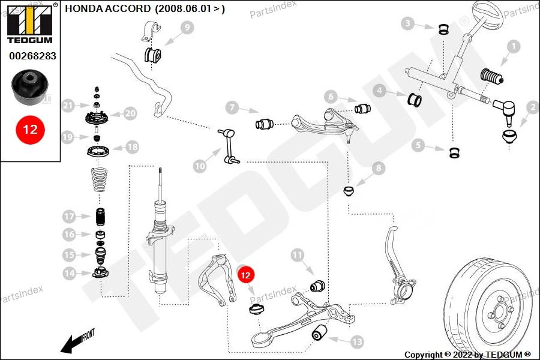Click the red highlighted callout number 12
pyautogui.click(x=246, y=275)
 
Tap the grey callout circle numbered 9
pyautogui.click(x=186, y=27)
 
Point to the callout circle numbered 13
pyautogui.click(x=357, y=342)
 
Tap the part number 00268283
pyautogui.click(x=32, y=56)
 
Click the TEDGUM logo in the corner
pyautogui.click(x=30, y=25)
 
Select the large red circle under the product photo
pyautogui.click(x=30, y=128)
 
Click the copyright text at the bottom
pyautogui.click(x=467, y=355)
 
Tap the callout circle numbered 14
pyautogui.click(x=70, y=274)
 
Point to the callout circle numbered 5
pyautogui.click(x=418, y=145)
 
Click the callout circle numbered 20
pyautogui.click(x=130, y=113)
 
